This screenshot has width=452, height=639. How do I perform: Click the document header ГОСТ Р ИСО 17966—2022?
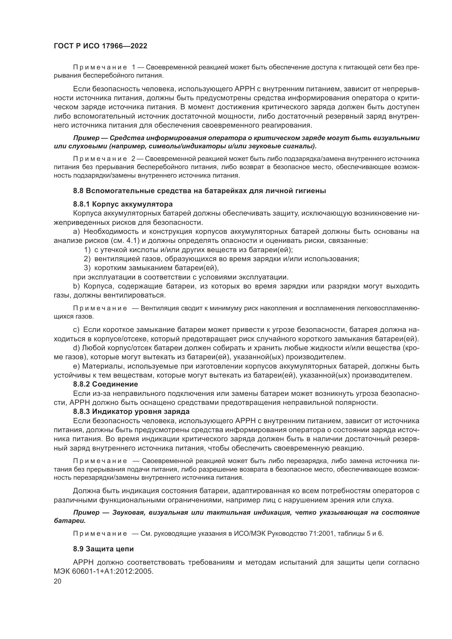pyautogui.click(x=101, y=46)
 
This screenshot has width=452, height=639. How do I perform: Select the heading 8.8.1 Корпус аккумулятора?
pyautogui.click(x=123, y=204)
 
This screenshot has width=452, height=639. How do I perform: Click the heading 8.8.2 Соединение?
pyautogui.click(x=105, y=384)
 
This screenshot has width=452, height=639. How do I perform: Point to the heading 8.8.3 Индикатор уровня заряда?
pyautogui.click(x=131, y=411)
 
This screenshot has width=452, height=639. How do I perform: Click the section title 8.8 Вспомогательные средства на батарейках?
pyautogui.click(x=199, y=191)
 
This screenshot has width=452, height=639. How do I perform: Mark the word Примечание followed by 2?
pyautogui.click(x=100, y=159)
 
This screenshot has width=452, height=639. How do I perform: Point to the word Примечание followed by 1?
pyautogui.click(x=100, y=67)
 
